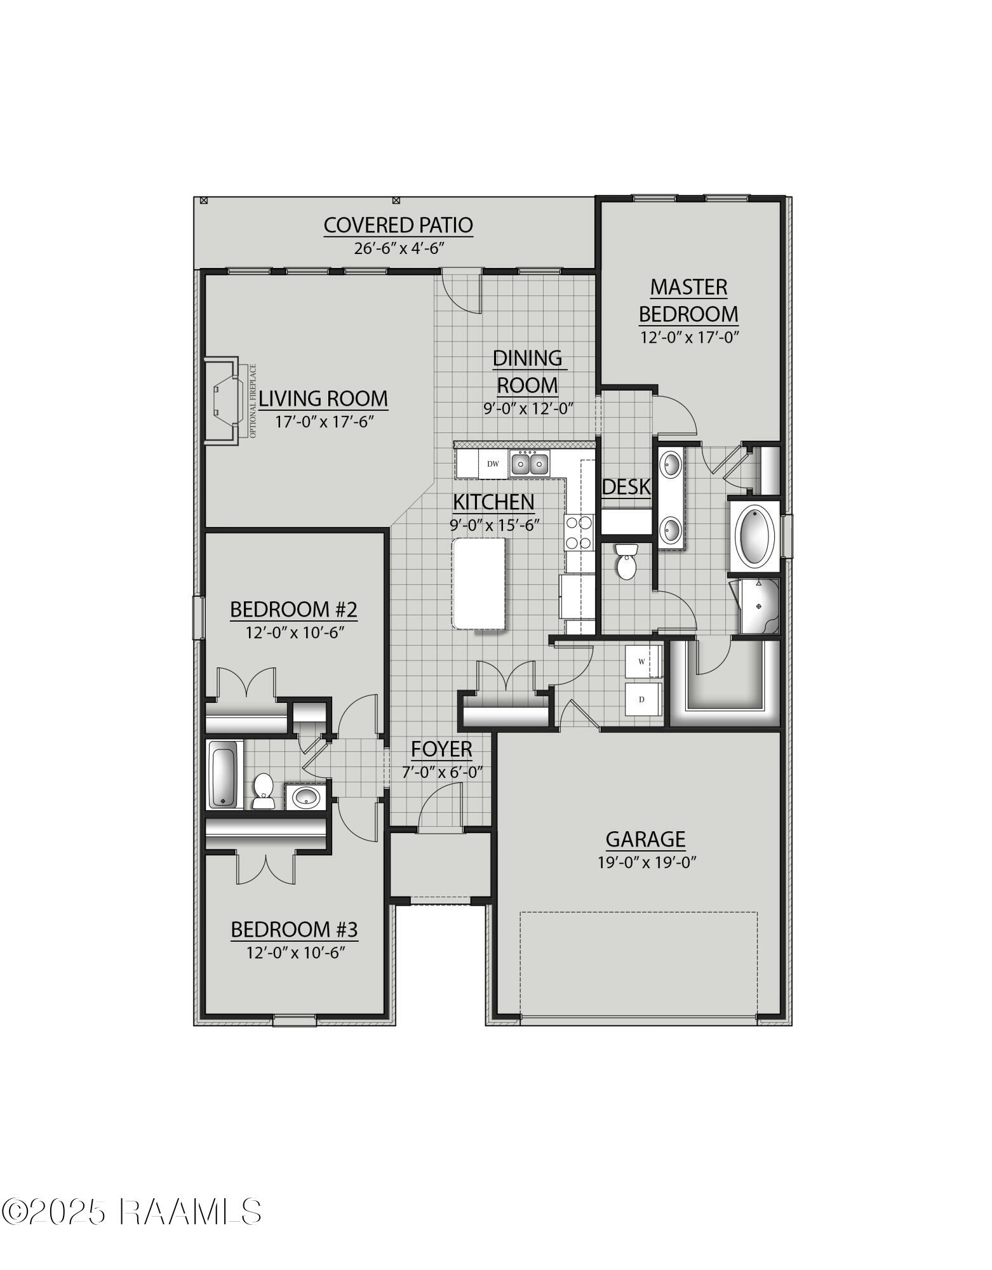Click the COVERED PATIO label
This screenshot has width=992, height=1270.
tap(398, 225)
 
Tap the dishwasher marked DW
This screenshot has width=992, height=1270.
tap(493, 464)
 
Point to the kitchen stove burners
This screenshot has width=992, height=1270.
tap(579, 532)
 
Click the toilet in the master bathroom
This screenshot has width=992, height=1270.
tap(626, 561)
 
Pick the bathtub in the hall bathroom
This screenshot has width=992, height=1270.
tap(224, 775)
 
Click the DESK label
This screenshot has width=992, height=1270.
tap(626, 487)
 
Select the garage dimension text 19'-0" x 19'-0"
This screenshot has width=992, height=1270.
tap(646, 862)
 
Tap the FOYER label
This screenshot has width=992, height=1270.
tap(441, 749)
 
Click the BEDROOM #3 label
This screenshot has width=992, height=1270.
tap(295, 930)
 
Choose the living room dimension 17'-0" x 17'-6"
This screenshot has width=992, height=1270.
tap(323, 421)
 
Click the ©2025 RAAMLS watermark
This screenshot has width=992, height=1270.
tap(131, 1212)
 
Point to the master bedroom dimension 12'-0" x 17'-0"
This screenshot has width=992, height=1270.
tap(689, 337)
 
